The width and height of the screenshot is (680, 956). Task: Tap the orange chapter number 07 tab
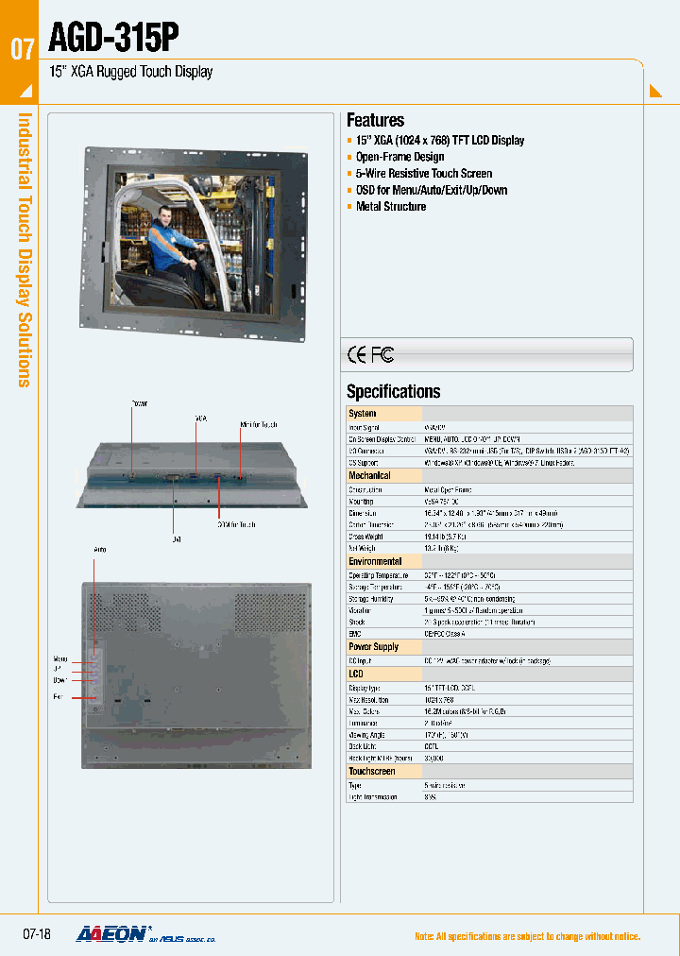[22, 50]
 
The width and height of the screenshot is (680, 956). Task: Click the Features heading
[375, 120]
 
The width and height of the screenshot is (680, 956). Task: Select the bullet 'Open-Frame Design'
[399, 157]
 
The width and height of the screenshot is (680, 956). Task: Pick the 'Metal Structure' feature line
[391, 206]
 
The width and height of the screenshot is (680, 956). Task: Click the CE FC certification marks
[370, 355]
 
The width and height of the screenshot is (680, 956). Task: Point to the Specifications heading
[393, 391]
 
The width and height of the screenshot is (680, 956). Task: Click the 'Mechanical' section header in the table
[369, 475]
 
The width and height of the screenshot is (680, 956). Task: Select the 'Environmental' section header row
[375, 561]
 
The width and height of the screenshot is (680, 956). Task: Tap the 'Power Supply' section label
[374, 647]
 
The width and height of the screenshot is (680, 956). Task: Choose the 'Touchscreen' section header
[373, 771]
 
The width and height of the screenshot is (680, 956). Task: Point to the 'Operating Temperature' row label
[377, 574]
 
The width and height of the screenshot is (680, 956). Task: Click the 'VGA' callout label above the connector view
[200, 417]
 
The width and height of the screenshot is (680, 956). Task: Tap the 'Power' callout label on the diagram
[139, 403]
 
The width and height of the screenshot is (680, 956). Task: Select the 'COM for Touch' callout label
[236, 523]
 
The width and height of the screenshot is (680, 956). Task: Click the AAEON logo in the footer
[111, 934]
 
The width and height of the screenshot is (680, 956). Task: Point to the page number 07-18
[36, 934]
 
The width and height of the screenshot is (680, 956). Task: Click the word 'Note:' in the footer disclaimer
[426, 936]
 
